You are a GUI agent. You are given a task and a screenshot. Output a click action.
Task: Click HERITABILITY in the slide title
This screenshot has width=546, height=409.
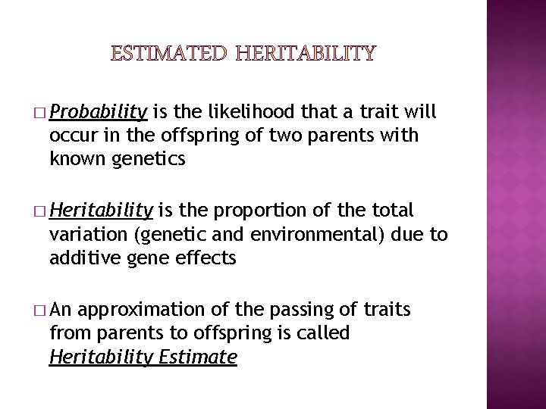click(x=305, y=53)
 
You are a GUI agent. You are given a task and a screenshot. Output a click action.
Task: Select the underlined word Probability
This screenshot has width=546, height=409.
click(x=98, y=114)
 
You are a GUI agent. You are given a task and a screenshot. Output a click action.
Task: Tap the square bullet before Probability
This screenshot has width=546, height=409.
click(x=39, y=114)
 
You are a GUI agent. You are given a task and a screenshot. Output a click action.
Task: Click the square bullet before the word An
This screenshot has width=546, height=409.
click(x=39, y=310)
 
